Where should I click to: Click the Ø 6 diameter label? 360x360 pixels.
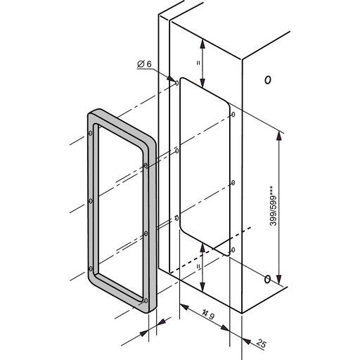tap(145, 65)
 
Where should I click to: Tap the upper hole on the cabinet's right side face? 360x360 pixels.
tap(267, 79)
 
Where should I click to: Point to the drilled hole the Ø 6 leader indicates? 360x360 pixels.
tap(176, 82)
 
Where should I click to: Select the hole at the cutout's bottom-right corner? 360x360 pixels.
tap(233, 249)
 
